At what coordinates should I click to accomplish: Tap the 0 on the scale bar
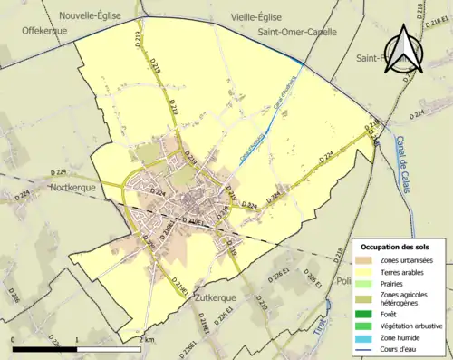(x=13, y=338)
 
